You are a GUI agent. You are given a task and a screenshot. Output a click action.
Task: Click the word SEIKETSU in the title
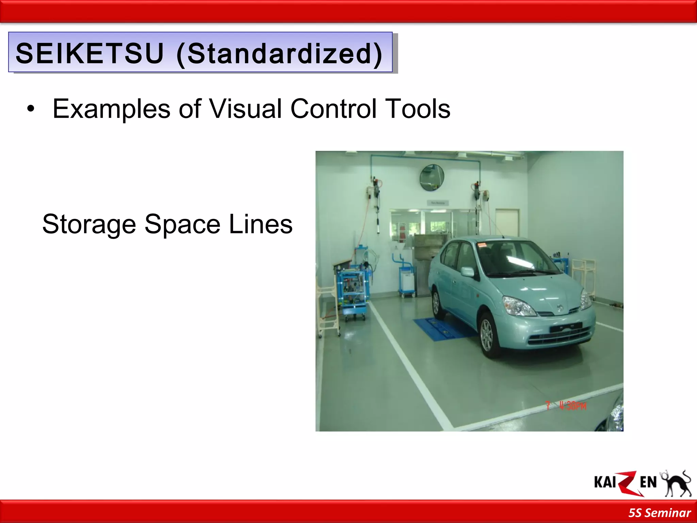90,53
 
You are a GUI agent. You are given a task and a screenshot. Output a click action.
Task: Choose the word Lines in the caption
260,224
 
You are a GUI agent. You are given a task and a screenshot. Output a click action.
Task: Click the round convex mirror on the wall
432,177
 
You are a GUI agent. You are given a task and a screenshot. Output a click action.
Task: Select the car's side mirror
468,272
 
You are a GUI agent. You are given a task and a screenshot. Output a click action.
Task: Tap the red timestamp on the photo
567,406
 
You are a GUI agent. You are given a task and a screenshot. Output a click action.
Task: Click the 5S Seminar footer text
659,513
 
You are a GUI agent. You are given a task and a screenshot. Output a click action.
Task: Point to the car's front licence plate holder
566,327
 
